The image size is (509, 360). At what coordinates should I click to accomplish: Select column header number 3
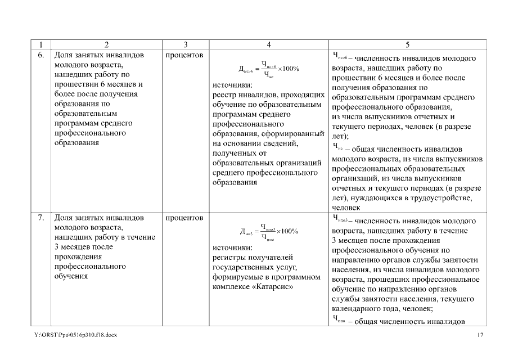tap(185, 44)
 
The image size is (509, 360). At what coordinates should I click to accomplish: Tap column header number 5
tap(408, 44)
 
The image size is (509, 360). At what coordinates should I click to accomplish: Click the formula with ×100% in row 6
tap(269, 69)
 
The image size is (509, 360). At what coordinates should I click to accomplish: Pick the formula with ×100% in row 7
tap(269, 231)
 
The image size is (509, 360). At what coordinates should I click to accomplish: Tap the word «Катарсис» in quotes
tap(274, 287)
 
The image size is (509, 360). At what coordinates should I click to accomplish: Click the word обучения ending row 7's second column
tap(71, 277)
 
